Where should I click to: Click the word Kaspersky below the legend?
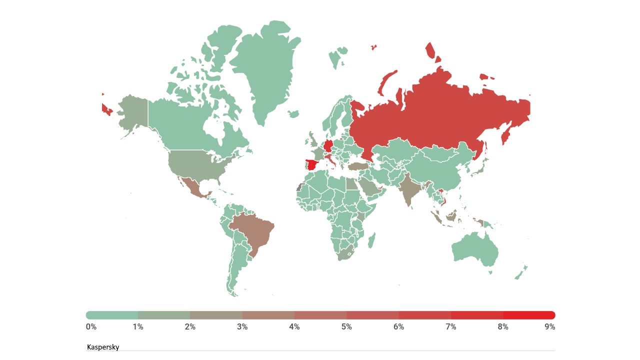(x=103, y=347)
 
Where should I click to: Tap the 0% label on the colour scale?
(x=91, y=327)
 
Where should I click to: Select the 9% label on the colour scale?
(x=550, y=327)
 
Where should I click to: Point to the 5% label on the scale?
(x=346, y=327)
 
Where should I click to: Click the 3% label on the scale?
(x=242, y=327)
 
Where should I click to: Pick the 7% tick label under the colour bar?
(x=451, y=327)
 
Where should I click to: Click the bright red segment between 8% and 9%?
(x=529, y=315)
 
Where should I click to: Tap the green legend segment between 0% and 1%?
(x=112, y=315)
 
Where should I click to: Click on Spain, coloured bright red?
(x=312, y=165)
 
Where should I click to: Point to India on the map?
(x=409, y=192)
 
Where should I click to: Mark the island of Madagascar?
(x=372, y=240)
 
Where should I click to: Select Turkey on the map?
(x=358, y=166)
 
